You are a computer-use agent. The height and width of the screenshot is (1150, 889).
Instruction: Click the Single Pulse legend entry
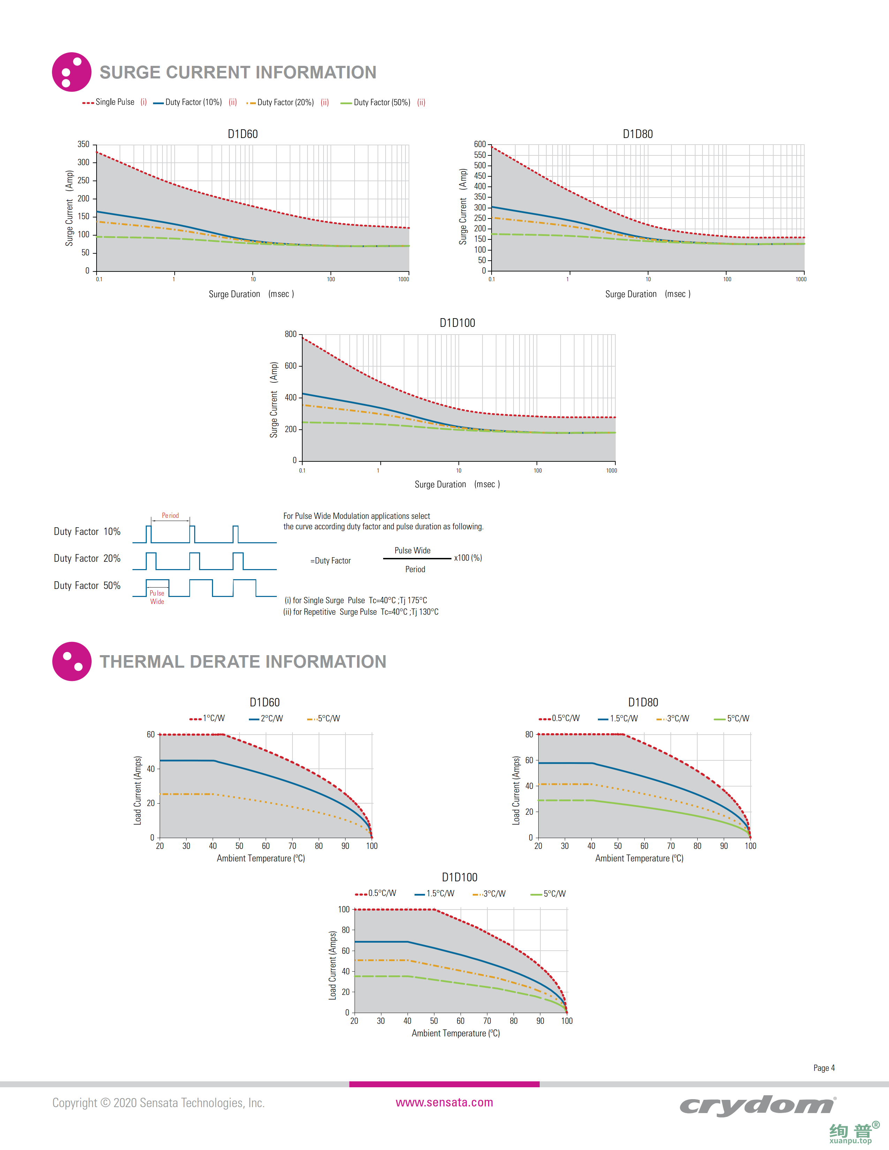point(114,102)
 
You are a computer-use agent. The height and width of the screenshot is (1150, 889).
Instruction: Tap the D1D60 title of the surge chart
point(243,134)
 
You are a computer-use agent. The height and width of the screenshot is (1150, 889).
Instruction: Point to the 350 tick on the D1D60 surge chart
point(83,144)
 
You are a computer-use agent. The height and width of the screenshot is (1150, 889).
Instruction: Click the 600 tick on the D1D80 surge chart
point(480,144)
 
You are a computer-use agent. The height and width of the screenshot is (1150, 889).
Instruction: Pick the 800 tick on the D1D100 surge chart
point(291,334)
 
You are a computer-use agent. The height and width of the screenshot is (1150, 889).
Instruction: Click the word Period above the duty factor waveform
point(170,515)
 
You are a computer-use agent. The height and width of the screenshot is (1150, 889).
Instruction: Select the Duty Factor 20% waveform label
point(87,558)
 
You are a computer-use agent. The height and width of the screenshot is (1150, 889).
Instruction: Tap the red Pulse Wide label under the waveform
point(157,597)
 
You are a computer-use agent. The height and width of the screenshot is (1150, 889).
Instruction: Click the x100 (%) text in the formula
point(468,558)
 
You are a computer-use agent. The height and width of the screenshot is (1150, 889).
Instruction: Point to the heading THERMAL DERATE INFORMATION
point(243,661)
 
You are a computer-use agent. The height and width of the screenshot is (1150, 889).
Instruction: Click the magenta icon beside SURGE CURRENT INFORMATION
point(71,72)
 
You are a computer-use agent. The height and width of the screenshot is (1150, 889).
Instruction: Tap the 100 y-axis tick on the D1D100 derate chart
point(343,909)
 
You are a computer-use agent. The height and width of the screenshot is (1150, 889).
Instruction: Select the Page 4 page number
point(824,1068)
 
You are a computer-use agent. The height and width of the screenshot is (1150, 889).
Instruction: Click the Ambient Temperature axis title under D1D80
point(639,858)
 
